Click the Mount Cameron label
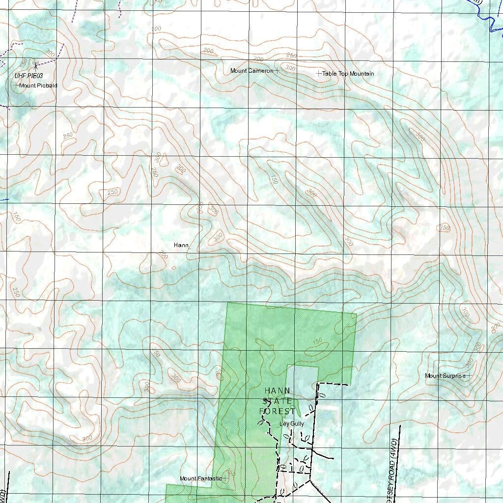tap(251, 71)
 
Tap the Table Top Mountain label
tap(348, 74)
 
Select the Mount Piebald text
tap(38, 85)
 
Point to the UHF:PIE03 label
tap(29, 76)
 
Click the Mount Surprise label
tap(445, 376)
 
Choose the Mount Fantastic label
tap(200, 478)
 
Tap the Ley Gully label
tap(292, 423)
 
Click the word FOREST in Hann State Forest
tap(278, 411)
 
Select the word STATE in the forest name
tap(278, 401)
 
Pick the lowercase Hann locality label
tap(181, 245)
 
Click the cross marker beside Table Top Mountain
tap(319, 73)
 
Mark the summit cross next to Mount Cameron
tap(277, 71)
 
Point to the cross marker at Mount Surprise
tap(469, 376)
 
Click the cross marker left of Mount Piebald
tap(16, 85)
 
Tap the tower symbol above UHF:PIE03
tap(35, 64)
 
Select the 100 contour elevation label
tap(156, 28)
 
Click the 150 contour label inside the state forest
tap(317, 341)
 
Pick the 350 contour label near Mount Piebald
tap(23, 64)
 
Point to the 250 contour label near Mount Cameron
tap(291, 56)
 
